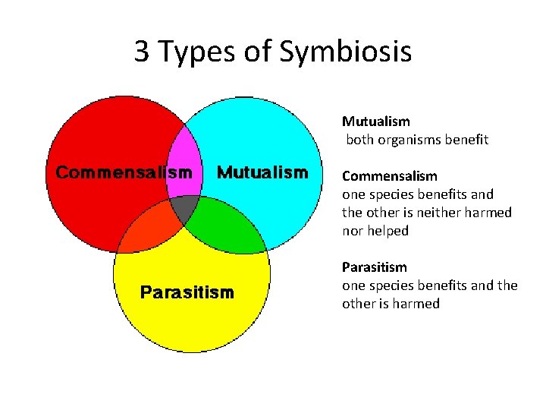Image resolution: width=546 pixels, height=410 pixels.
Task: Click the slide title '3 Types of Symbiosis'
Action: point(273,52)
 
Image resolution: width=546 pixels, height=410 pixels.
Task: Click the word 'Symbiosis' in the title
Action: point(346,52)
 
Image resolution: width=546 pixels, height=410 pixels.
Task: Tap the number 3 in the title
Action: point(142,52)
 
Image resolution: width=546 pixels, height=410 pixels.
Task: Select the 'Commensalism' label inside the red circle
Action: point(124,172)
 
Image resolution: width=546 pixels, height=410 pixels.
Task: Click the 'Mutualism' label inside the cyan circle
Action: point(262,172)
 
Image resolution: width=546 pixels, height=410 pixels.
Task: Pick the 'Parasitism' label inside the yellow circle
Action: point(187,292)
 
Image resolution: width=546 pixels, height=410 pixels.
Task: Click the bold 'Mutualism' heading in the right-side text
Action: point(375,121)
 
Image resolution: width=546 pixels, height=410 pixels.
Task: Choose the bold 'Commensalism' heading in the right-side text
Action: point(389,176)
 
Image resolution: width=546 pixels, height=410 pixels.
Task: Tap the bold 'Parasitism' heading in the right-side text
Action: point(374,267)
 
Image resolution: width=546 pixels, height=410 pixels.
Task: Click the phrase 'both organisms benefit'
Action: point(417,140)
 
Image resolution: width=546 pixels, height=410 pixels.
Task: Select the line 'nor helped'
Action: point(375,231)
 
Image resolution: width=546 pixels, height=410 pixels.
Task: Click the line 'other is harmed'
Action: point(391,304)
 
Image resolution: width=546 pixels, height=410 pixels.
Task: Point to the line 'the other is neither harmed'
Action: point(426,213)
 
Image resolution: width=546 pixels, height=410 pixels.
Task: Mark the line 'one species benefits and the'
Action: point(429,285)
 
